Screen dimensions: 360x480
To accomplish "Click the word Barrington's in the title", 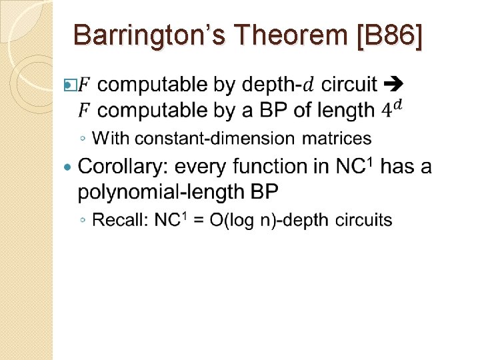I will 153,35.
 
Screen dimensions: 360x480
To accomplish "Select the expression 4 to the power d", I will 393,108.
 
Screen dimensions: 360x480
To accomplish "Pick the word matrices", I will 337,139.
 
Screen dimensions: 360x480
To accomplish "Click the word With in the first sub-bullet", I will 110,139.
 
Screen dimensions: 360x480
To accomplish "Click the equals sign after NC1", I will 198,221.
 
